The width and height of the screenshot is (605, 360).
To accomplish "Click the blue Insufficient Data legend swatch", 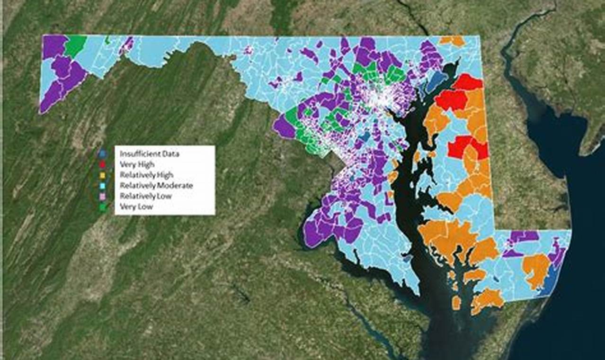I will coord(102,154).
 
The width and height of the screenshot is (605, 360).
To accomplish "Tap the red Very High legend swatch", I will coord(102,164).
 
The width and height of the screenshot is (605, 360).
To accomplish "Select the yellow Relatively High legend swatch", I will coord(102,175).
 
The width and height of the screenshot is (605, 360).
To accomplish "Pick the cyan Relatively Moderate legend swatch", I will coord(102,186).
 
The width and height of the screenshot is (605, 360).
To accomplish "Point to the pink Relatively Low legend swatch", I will coord(102,196).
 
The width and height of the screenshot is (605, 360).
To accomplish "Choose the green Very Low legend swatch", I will coord(102,207).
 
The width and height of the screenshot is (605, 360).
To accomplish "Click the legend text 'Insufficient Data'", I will coord(150,154).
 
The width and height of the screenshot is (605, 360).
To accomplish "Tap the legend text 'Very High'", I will coord(137,164).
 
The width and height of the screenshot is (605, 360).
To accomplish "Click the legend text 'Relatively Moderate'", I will coord(156,186).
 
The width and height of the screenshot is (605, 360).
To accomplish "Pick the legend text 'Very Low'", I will coord(136,207).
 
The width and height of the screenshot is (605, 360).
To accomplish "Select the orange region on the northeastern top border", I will coord(452,41).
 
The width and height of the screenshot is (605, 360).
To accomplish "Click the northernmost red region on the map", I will coord(468,82).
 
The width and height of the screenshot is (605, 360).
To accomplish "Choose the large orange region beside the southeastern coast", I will coord(536,270).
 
